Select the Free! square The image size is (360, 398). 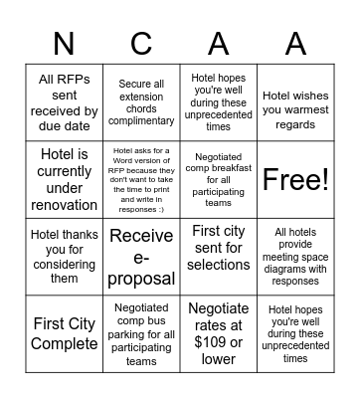coord(295,180)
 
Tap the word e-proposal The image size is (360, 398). coord(141,278)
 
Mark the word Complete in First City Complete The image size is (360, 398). coord(64,343)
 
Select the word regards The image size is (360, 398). coord(295,124)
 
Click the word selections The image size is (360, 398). coord(218,265)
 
